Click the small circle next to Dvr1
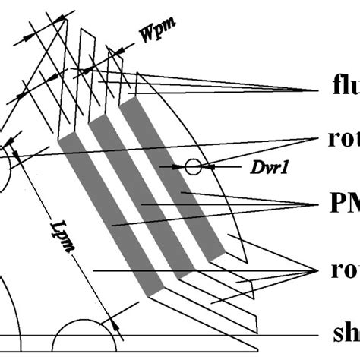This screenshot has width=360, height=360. [194, 165]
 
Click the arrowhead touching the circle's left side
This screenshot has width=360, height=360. [182, 165]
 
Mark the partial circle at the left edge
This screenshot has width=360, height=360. [6, 156]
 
